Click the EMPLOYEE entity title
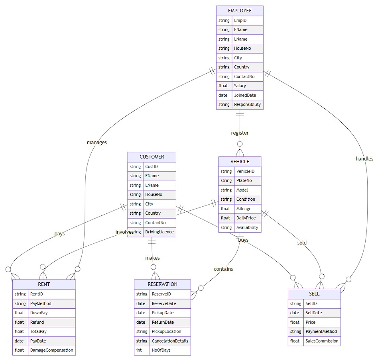240,11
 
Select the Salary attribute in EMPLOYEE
240,86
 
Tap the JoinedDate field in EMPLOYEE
244,95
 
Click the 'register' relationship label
240,133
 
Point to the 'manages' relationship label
97,142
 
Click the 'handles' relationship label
364,158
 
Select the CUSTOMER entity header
152,157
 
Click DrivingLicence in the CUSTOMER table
159,232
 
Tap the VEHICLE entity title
240,161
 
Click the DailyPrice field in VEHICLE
246,218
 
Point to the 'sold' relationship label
302,243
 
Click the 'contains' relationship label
223,269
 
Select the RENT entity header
43,284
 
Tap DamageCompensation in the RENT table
51,350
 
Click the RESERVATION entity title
162,284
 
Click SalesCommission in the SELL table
322,341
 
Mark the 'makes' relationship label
152,258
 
